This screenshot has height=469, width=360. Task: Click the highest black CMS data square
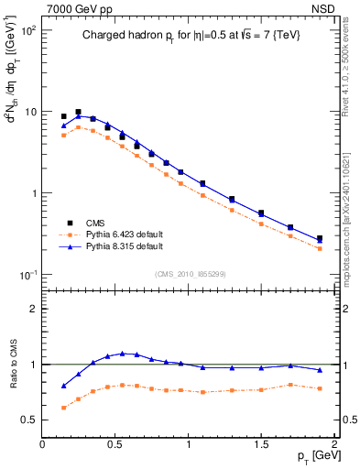click(x=78, y=112)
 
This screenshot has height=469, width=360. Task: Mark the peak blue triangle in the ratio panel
click(x=122, y=353)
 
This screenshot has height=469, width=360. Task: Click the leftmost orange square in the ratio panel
click(x=63, y=408)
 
